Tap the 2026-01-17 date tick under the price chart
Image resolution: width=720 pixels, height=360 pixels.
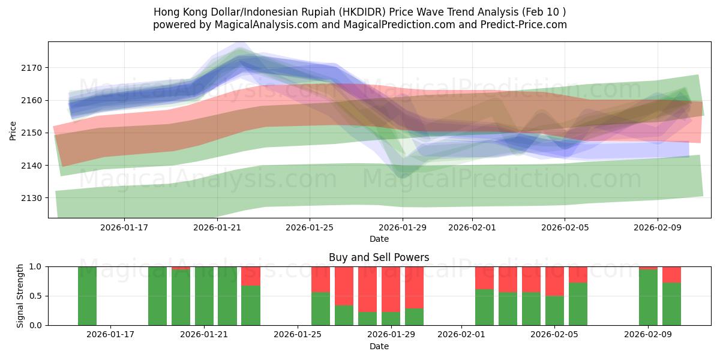124,228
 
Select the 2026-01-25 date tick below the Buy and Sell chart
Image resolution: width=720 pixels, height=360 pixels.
298,335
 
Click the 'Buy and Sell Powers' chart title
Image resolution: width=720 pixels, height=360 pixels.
379,257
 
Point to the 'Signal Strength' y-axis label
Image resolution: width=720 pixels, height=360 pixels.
20,296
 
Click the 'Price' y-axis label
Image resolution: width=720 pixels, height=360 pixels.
13,130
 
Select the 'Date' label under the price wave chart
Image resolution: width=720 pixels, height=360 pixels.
379,239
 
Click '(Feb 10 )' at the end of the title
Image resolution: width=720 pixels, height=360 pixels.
543,12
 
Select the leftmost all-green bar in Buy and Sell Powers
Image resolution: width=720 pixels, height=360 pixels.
87,296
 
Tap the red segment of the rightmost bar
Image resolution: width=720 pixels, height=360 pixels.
671,274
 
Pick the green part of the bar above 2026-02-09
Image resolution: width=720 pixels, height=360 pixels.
648,298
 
